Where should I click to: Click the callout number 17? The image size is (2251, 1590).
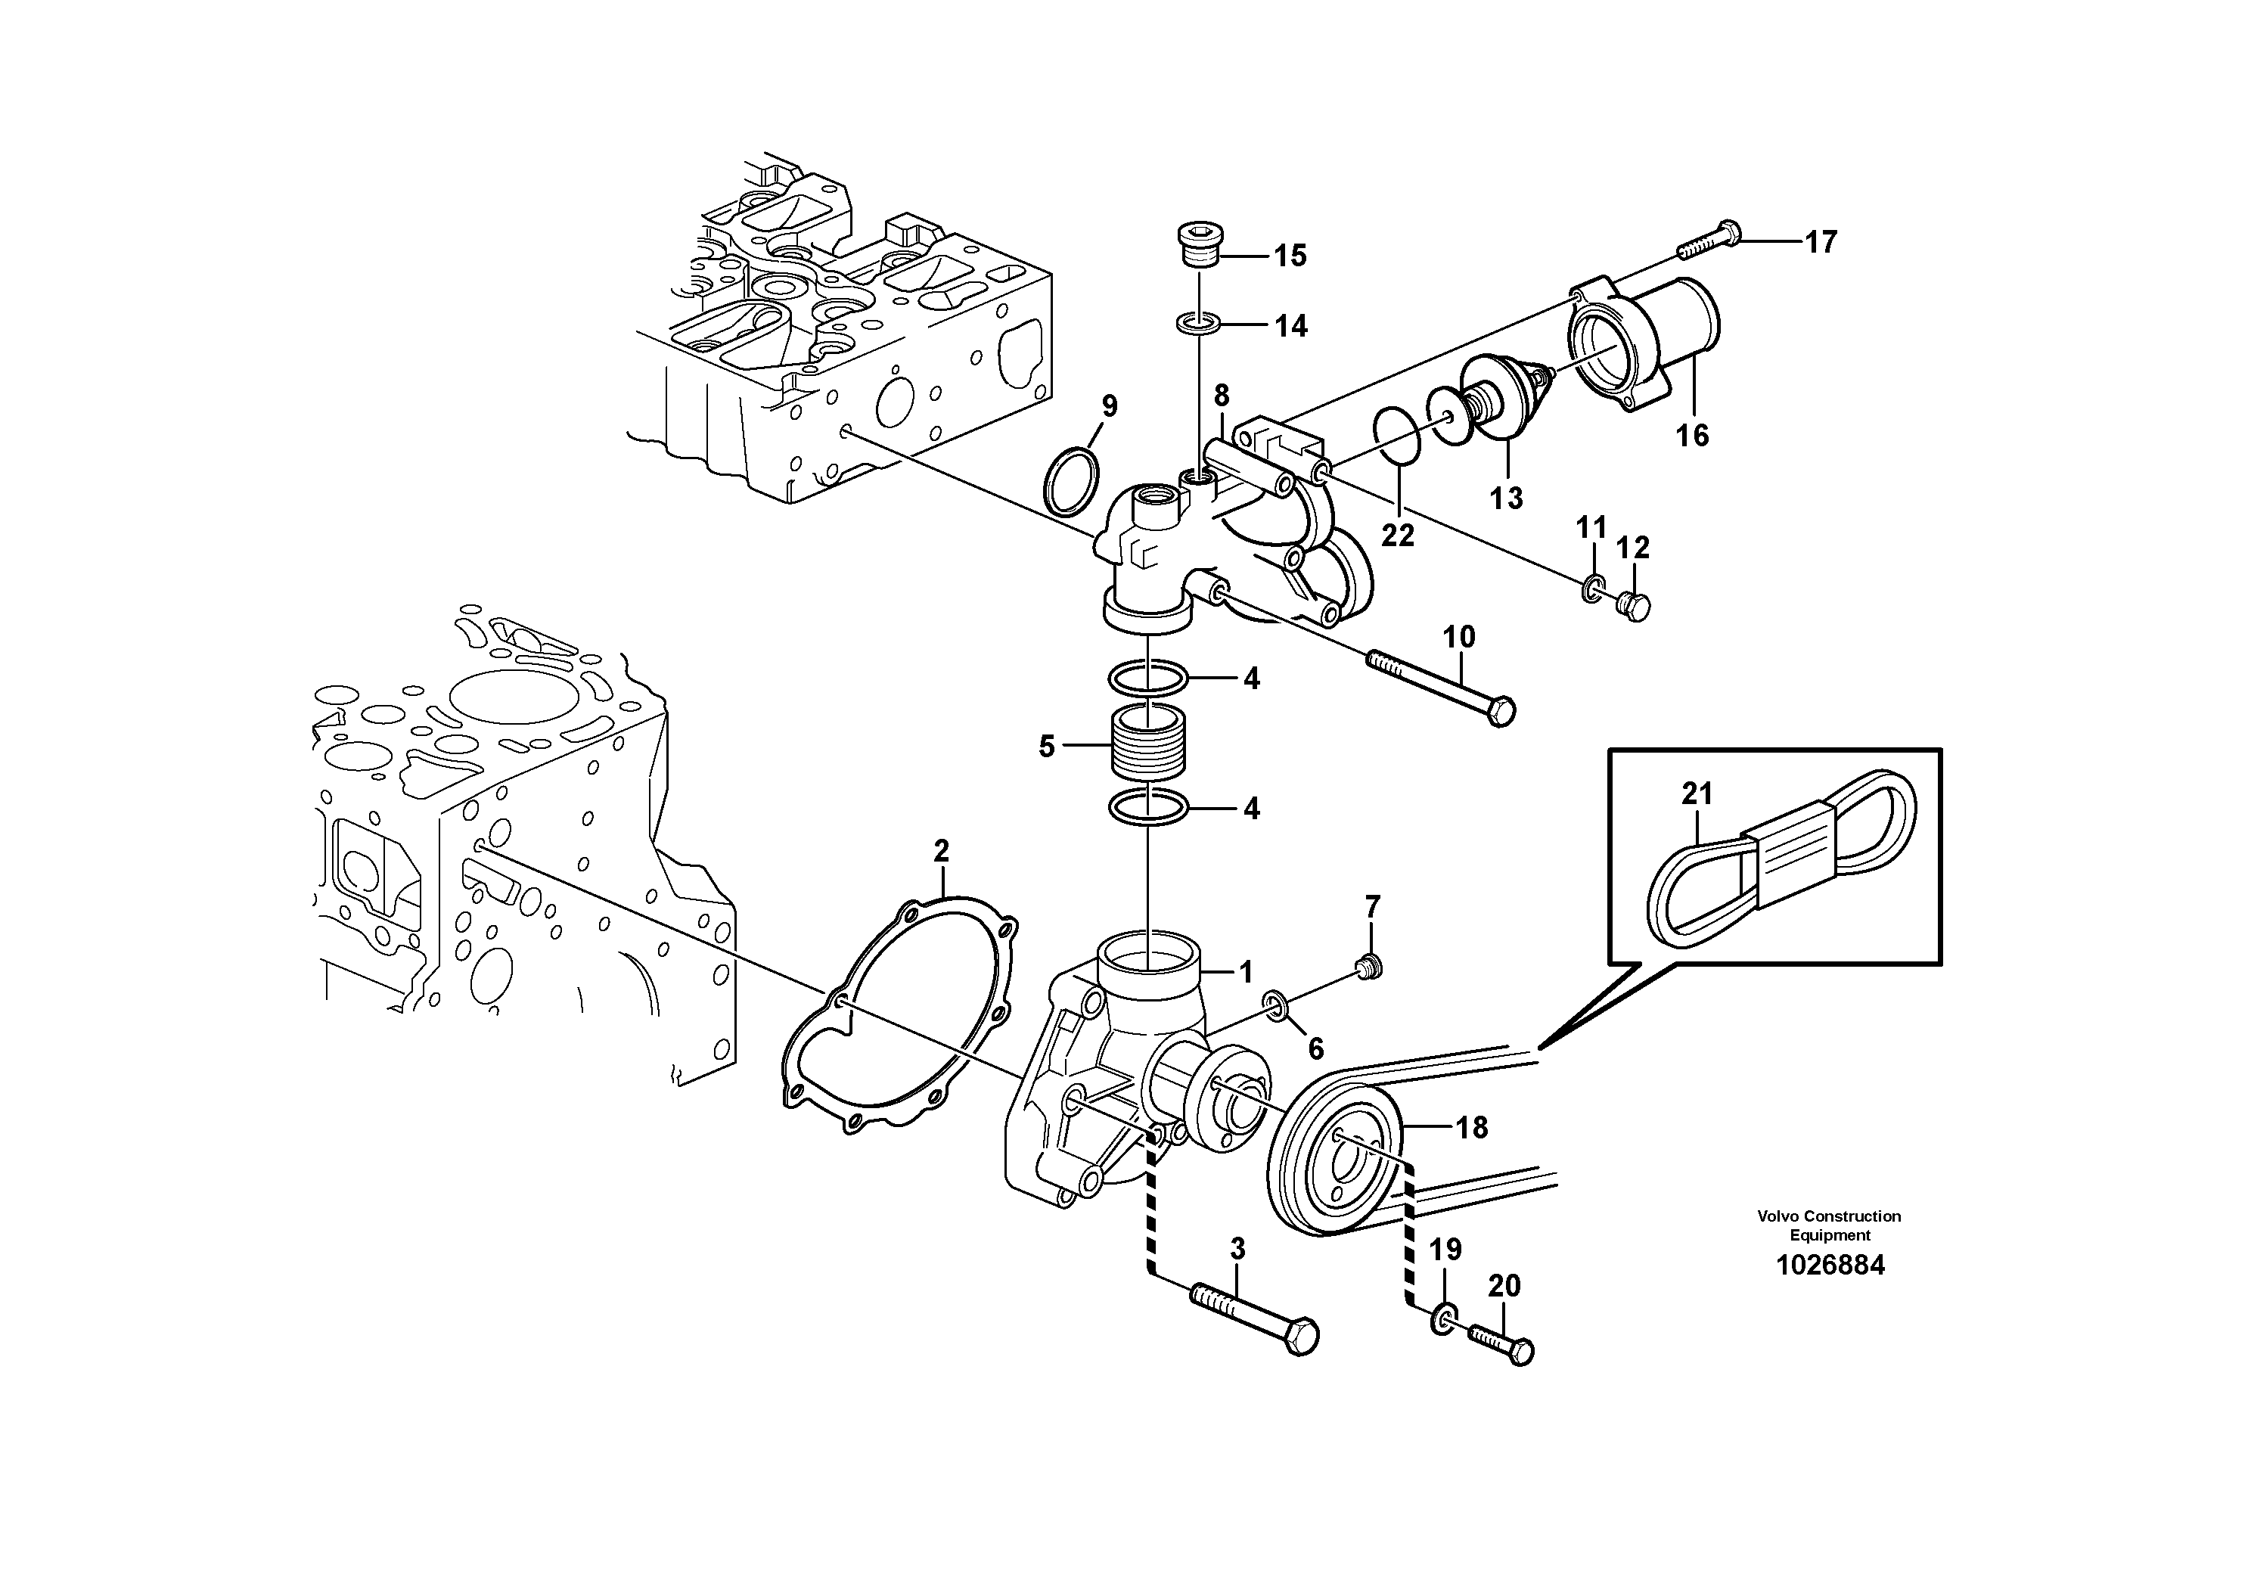[1821, 242]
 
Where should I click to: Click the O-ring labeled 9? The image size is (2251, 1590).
[1070, 481]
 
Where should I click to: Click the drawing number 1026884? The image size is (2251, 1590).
[1830, 1265]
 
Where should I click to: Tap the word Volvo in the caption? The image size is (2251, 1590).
[1778, 1216]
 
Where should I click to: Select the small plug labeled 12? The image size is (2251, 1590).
[1632, 606]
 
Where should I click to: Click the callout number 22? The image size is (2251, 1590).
[1397, 536]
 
